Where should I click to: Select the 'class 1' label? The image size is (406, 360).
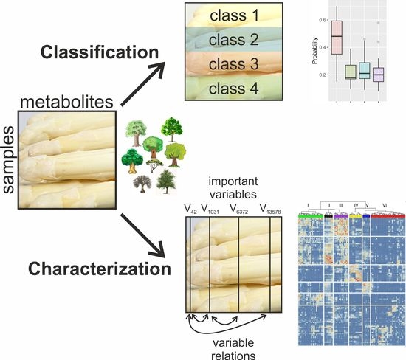tap(235, 15)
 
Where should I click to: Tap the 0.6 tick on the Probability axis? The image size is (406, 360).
tap(322, 18)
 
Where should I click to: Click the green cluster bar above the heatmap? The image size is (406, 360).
tap(310, 216)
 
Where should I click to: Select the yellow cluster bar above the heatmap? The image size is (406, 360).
tap(356, 216)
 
